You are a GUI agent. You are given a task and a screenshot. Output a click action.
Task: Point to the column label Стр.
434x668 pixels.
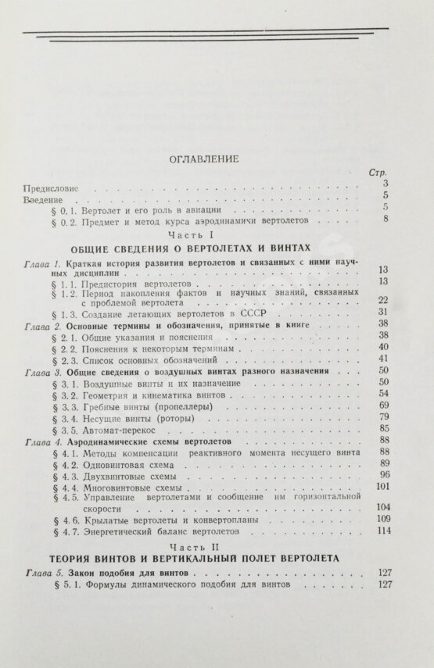point(376,173)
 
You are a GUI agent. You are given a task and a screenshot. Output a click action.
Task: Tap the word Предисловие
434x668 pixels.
point(53,188)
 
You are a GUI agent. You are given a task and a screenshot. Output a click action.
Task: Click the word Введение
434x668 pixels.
point(46,201)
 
